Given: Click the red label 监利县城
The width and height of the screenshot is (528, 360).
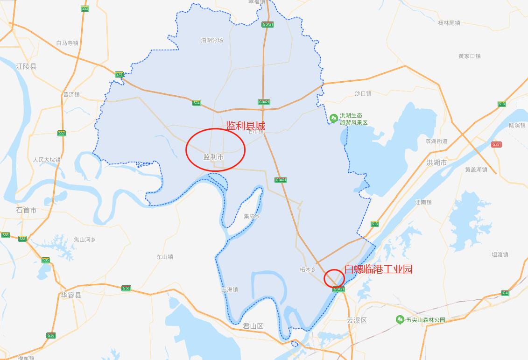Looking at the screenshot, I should click(x=245, y=126).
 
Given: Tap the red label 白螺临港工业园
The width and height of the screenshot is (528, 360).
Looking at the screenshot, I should click(x=378, y=269).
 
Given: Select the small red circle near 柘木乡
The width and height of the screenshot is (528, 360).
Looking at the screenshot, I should click(x=335, y=278).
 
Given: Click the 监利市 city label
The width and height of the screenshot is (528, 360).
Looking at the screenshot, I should click(x=213, y=157).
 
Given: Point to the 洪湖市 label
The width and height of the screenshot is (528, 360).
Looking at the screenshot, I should click(x=436, y=162).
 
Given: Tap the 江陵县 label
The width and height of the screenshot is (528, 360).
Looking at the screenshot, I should click(x=26, y=66).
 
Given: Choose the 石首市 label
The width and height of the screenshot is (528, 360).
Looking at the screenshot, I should click(x=26, y=210).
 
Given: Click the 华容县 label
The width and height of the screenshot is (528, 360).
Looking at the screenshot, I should click(x=71, y=295).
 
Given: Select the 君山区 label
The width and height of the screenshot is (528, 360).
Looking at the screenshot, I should click(x=253, y=326).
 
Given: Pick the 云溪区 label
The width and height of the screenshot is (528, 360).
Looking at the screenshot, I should click(x=357, y=320).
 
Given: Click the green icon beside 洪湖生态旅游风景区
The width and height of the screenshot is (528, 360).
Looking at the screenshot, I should click(x=334, y=119).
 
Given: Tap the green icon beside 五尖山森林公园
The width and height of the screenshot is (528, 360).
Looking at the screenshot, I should click(x=400, y=320).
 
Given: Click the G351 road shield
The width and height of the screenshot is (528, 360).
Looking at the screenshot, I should click(x=496, y=145).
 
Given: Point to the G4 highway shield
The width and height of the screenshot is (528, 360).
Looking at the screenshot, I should click(x=505, y=293).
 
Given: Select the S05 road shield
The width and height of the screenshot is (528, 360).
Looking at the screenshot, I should click(x=45, y=260).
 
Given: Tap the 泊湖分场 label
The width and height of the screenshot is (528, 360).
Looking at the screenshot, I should click(x=212, y=40).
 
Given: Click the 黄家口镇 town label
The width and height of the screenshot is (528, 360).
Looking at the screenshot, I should click(x=469, y=56).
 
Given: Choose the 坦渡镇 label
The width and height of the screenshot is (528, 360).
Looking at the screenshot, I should click(x=500, y=254).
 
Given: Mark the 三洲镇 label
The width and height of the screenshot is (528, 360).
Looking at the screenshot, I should click(x=230, y=289).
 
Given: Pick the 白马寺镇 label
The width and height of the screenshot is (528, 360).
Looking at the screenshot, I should click(x=67, y=43).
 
